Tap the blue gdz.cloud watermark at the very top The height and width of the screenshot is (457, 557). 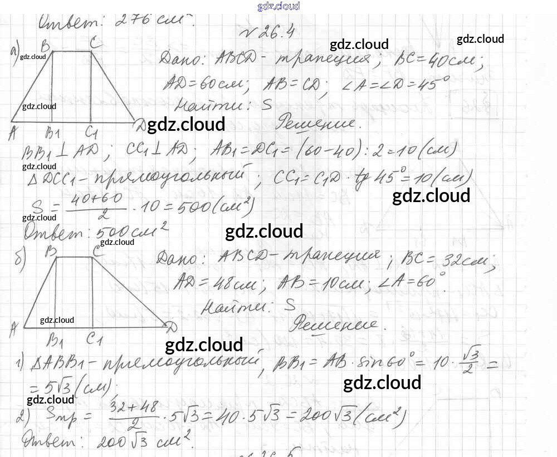point(278,6)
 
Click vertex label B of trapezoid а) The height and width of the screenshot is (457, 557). point(49,43)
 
